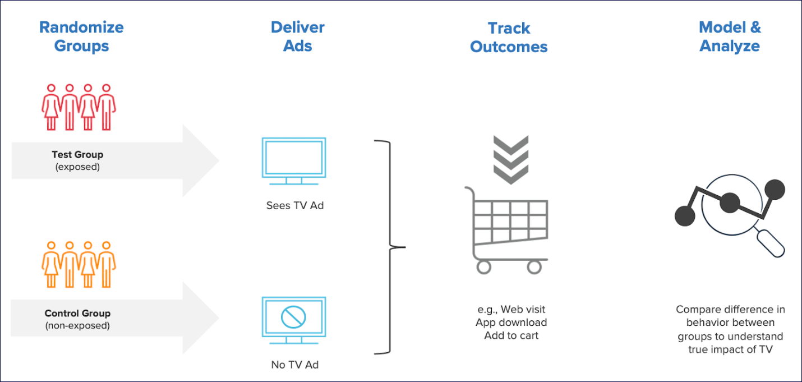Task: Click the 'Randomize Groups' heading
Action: click(x=81, y=36)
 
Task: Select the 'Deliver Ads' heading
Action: click(x=297, y=36)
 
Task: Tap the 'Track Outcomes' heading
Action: click(x=509, y=37)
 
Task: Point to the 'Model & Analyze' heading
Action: click(x=730, y=36)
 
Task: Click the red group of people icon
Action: click(x=79, y=107)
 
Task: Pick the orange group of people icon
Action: click(x=79, y=264)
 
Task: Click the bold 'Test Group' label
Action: click(x=77, y=154)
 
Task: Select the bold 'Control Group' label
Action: click(x=77, y=313)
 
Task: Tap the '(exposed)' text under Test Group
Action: click(x=77, y=167)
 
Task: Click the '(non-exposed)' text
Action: click(x=77, y=325)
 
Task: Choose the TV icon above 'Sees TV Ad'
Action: click(x=294, y=160)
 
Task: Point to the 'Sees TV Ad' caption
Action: click(x=295, y=205)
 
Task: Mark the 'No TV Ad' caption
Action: click(x=294, y=365)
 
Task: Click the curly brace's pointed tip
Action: click(x=403, y=246)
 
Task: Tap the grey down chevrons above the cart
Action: click(x=510, y=159)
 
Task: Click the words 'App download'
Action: click(x=511, y=322)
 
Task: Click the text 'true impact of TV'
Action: click(x=730, y=349)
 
